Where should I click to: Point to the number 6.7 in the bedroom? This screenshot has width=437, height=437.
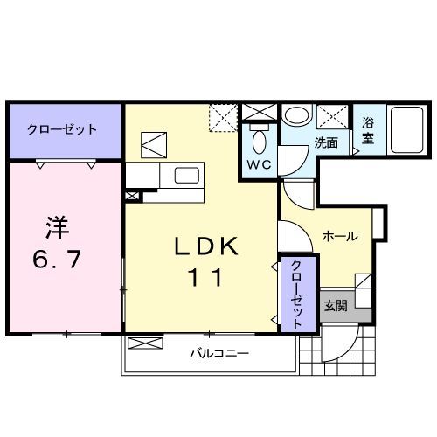pyautogui.click(x=58, y=260)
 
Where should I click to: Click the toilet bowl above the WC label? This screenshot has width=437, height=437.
pyautogui.click(x=259, y=139)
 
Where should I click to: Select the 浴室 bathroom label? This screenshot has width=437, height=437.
pyautogui.click(x=367, y=131)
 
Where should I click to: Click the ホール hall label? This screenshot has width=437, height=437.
pyautogui.click(x=339, y=237)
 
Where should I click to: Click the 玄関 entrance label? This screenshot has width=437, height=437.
pyautogui.click(x=336, y=306)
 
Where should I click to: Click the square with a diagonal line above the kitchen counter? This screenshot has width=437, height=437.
pyautogui.click(x=155, y=143)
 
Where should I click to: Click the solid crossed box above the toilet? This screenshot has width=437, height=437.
pyautogui.click(x=259, y=112)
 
